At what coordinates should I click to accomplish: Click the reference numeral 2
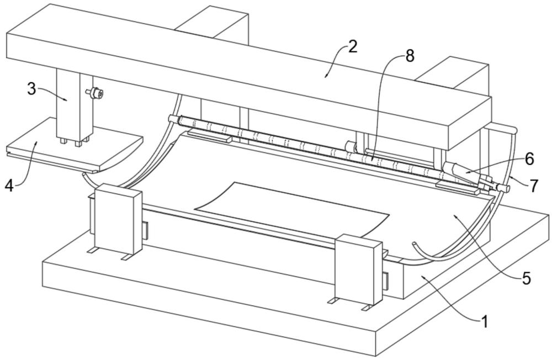(x=352, y=46)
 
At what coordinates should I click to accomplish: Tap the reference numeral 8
(x=409, y=56)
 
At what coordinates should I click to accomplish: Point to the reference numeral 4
(x=9, y=184)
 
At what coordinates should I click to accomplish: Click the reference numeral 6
(x=529, y=160)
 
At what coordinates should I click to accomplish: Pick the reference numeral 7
(x=534, y=186)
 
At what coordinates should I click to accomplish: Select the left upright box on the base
(x=118, y=219)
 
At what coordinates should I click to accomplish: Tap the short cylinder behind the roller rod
(x=351, y=146)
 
